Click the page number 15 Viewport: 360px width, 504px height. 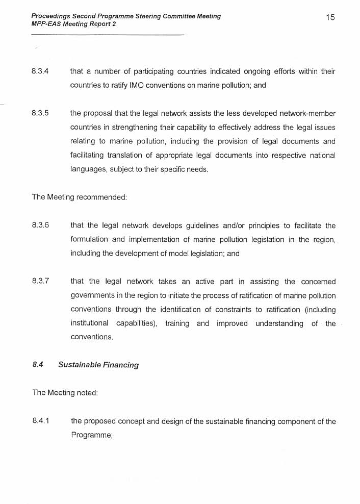click(330, 17)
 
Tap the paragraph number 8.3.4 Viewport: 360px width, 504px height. click(40, 71)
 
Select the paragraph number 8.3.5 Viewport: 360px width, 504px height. click(40, 113)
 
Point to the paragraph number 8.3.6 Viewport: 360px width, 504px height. click(40, 225)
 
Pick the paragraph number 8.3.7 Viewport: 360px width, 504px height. click(40, 281)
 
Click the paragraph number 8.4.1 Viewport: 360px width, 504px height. click(40, 421)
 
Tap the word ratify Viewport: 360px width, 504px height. click(119, 86)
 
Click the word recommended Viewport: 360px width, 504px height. click(101, 197)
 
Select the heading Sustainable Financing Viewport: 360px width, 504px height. click(98, 365)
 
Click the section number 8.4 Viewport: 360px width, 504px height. click(38, 365)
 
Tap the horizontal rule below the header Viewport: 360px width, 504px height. click(107, 35)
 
